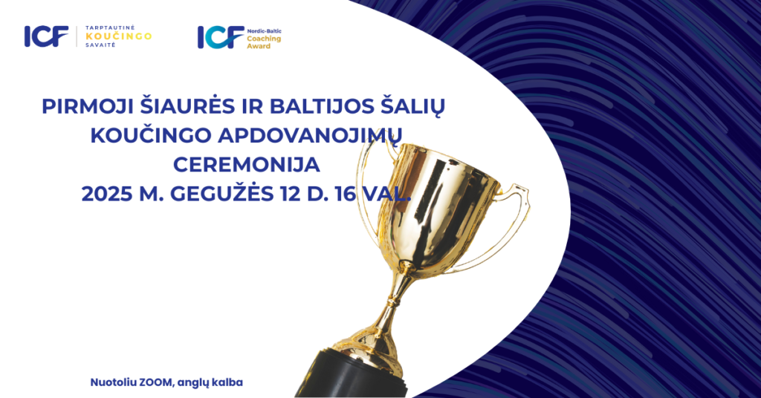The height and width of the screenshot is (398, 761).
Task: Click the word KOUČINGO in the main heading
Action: [x=150, y=136]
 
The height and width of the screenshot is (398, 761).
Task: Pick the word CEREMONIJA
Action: [x=247, y=166]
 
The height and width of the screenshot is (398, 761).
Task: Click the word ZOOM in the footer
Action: [x=156, y=382]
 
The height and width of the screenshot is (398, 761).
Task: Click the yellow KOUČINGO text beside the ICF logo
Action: [x=118, y=36]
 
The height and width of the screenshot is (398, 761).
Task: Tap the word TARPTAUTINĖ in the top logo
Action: [x=110, y=28]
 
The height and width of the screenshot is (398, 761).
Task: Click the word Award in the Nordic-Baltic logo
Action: [x=259, y=46]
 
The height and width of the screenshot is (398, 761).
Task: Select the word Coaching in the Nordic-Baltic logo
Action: [x=264, y=39]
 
